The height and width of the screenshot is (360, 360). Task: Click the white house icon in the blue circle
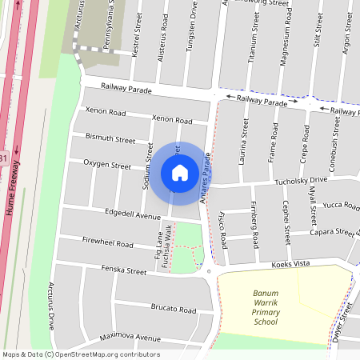[180, 172]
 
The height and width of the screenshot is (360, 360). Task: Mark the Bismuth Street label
[110, 138]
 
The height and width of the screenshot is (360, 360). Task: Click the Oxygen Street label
[109, 166]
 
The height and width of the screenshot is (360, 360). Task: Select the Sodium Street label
[147, 166]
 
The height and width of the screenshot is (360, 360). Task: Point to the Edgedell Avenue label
[133, 214]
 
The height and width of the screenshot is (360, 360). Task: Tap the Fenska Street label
[124, 271]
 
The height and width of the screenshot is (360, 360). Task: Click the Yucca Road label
[342, 206]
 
